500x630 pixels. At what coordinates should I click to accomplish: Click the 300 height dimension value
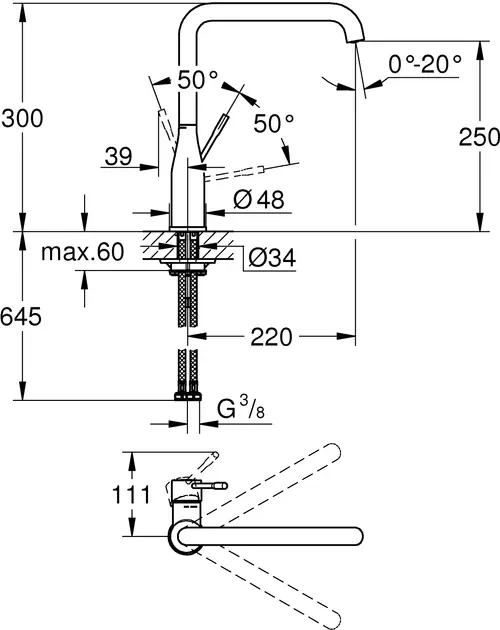click(x=22, y=119)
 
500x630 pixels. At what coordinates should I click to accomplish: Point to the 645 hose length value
click(x=22, y=317)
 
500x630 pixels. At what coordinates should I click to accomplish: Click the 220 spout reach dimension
click(x=271, y=337)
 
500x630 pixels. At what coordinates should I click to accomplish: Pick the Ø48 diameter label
click(x=259, y=199)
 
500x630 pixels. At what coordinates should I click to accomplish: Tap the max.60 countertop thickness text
click(x=82, y=252)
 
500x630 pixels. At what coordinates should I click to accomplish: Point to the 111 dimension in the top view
click(x=132, y=495)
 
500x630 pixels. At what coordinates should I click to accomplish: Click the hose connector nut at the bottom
click(x=188, y=396)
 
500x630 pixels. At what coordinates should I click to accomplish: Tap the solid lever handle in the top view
click(x=207, y=486)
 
